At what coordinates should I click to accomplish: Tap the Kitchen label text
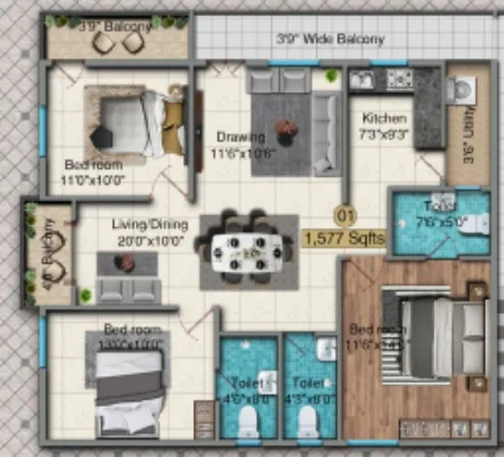(378, 119)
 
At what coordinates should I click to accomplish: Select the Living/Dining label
(149, 224)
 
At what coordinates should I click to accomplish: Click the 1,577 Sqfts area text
(345, 238)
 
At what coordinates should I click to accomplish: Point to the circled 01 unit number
(345, 216)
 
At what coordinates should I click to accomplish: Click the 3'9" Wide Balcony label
(331, 39)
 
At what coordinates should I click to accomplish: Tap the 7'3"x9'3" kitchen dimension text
(385, 134)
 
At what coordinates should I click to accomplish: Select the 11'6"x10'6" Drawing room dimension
(241, 153)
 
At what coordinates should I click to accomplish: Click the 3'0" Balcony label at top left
(114, 27)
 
